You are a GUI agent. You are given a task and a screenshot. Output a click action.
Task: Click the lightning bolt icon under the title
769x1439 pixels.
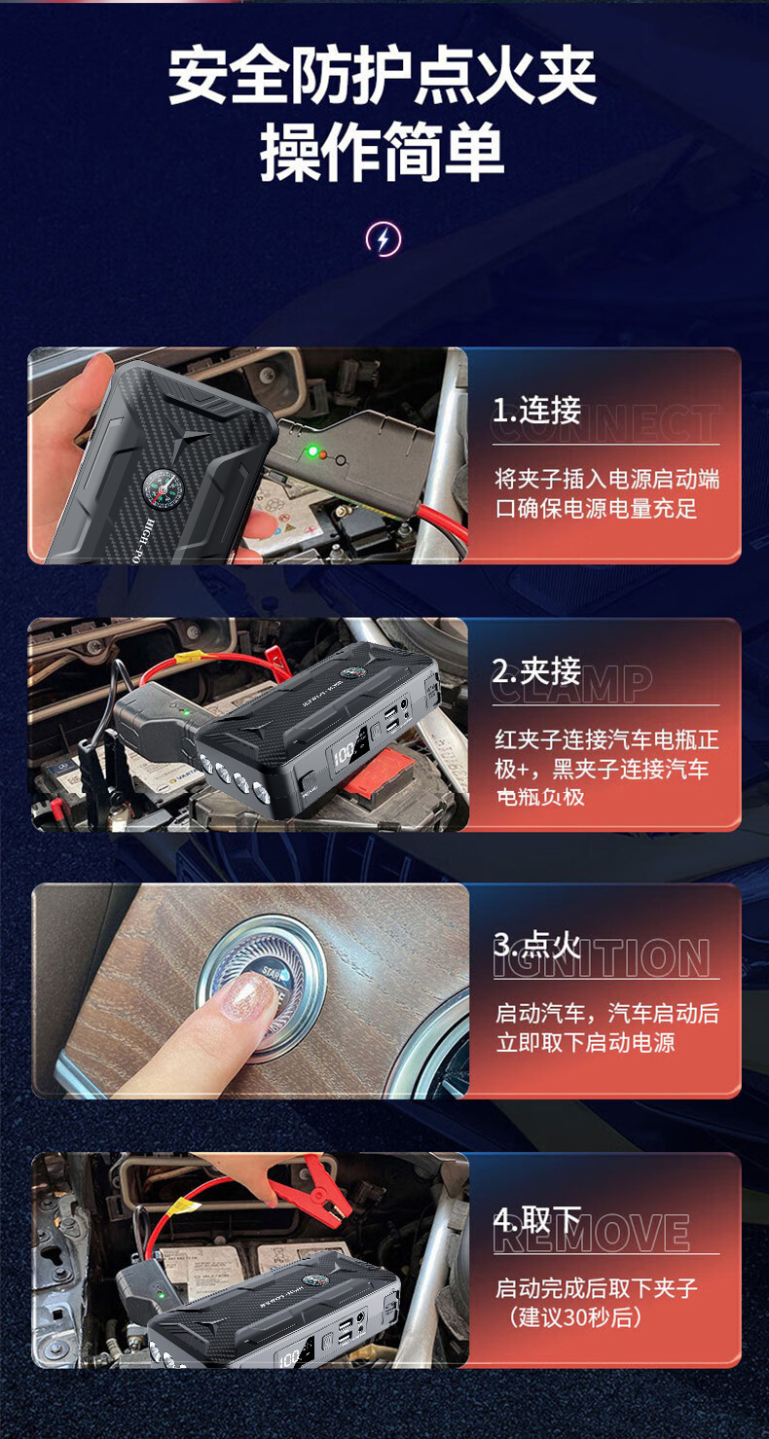coord(383,238)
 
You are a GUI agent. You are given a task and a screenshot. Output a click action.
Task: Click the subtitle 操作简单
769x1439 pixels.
coord(383,154)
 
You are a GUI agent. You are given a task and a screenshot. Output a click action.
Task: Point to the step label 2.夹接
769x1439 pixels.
coord(536,671)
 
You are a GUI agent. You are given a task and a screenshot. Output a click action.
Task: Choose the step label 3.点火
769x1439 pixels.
coord(536,945)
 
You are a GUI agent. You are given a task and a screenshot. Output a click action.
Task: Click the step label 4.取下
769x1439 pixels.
coord(536,1219)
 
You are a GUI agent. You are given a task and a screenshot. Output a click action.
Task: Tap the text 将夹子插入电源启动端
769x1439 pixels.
coord(607,479)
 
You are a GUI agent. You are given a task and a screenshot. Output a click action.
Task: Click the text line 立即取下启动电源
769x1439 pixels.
coord(585,1043)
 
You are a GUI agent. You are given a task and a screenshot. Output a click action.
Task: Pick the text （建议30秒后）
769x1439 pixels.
coord(576,1318)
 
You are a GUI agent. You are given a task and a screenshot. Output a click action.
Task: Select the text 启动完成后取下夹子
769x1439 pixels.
coord(596,1288)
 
